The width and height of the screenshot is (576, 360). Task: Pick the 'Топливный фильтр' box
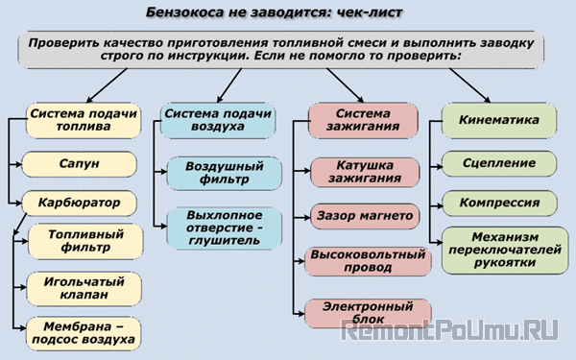coord(85,240)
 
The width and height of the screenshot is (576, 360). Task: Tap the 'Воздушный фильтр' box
coord(224,173)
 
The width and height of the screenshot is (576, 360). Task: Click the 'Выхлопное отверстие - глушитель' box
coord(224,228)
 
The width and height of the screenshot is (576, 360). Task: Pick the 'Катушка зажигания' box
coord(366,172)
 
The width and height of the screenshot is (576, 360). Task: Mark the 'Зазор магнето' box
coord(365,214)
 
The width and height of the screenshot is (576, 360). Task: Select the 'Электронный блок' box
coord(365,312)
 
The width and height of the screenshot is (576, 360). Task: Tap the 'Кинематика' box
coord(498,120)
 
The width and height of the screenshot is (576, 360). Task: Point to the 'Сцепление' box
coord(498,162)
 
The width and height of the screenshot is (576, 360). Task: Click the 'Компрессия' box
coord(498,204)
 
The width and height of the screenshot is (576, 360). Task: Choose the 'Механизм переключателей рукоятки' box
coord(498,252)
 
